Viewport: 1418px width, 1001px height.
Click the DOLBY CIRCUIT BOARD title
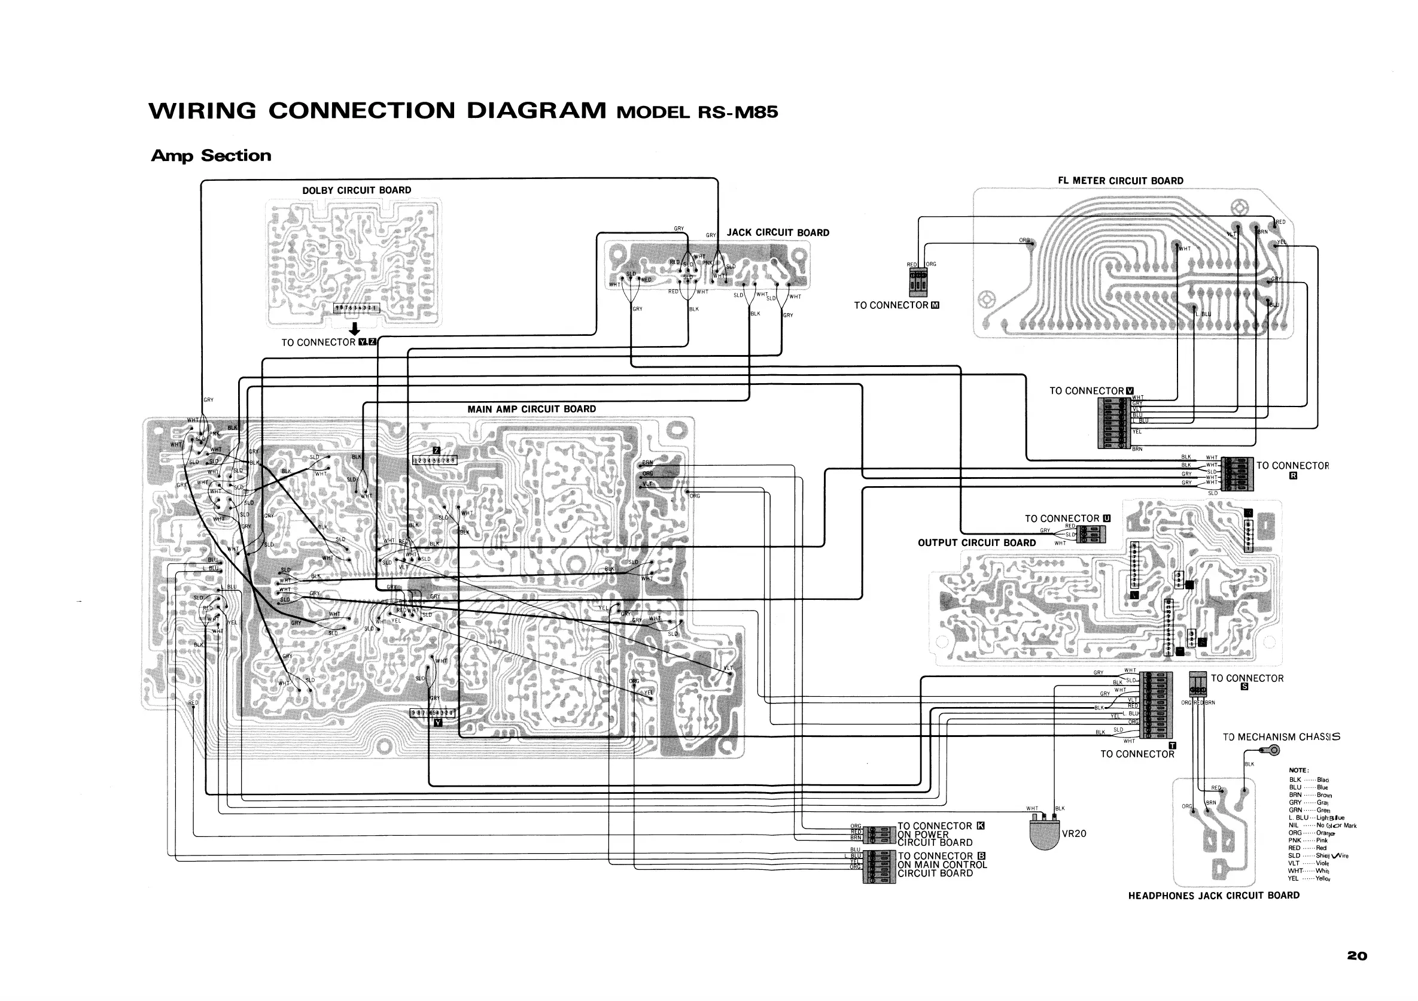point(357,190)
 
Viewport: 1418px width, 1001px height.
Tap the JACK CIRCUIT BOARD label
point(778,232)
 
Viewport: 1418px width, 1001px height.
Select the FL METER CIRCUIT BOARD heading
point(1120,180)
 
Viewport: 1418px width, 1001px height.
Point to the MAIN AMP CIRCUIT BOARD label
point(531,409)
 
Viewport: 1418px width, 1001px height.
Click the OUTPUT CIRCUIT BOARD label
point(976,542)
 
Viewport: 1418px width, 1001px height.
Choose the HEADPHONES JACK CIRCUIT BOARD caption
point(1213,896)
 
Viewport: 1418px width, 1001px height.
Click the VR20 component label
point(1073,833)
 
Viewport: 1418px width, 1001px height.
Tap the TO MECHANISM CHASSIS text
point(1281,737)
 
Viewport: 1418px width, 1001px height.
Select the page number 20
point(1357,956)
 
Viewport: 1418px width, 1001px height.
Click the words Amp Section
point(211,156)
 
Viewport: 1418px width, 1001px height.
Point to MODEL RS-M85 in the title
point(697,113)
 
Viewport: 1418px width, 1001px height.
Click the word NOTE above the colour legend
point(1298,770)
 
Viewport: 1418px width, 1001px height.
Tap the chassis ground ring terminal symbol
point(1273,751)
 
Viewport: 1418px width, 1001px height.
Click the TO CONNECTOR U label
point(1067,518)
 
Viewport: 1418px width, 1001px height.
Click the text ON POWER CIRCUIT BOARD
point(935,839)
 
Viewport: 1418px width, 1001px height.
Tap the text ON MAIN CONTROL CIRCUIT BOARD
point(942,869)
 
